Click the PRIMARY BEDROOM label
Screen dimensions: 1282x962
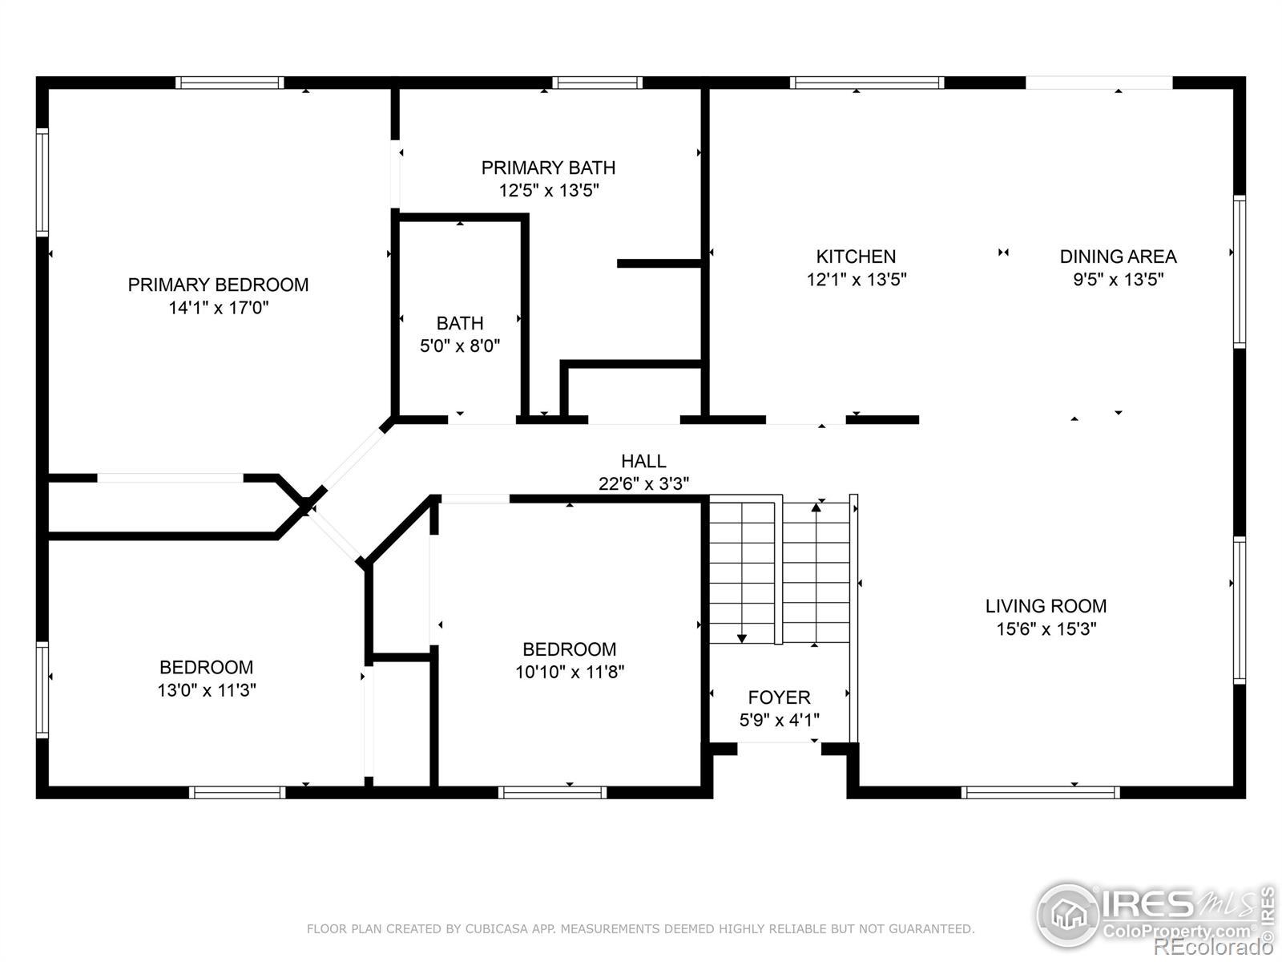(218, 285)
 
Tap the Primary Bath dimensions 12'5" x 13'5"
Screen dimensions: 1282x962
(548, 191)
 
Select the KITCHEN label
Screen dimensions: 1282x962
(856, 257)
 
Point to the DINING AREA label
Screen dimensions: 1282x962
(1118, 257)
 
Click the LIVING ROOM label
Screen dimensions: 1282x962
(1046, 606)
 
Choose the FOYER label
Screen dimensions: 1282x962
(779, 697)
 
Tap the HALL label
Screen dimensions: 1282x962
(643, 462)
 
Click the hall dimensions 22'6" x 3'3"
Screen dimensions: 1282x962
(643, 483)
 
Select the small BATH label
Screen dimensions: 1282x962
(460, 323)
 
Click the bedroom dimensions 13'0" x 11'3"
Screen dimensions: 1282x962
(207, 690)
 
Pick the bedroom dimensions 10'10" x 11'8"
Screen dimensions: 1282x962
(570, 672)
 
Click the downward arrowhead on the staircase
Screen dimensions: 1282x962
(742, 638)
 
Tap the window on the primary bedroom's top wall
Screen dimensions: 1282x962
(229, 83)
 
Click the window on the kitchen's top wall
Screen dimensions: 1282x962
(867, 83)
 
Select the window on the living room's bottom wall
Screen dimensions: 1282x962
(1040, 792)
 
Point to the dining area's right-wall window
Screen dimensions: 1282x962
(1240, 272)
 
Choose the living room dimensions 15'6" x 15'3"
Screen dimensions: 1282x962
(1046, 629)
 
